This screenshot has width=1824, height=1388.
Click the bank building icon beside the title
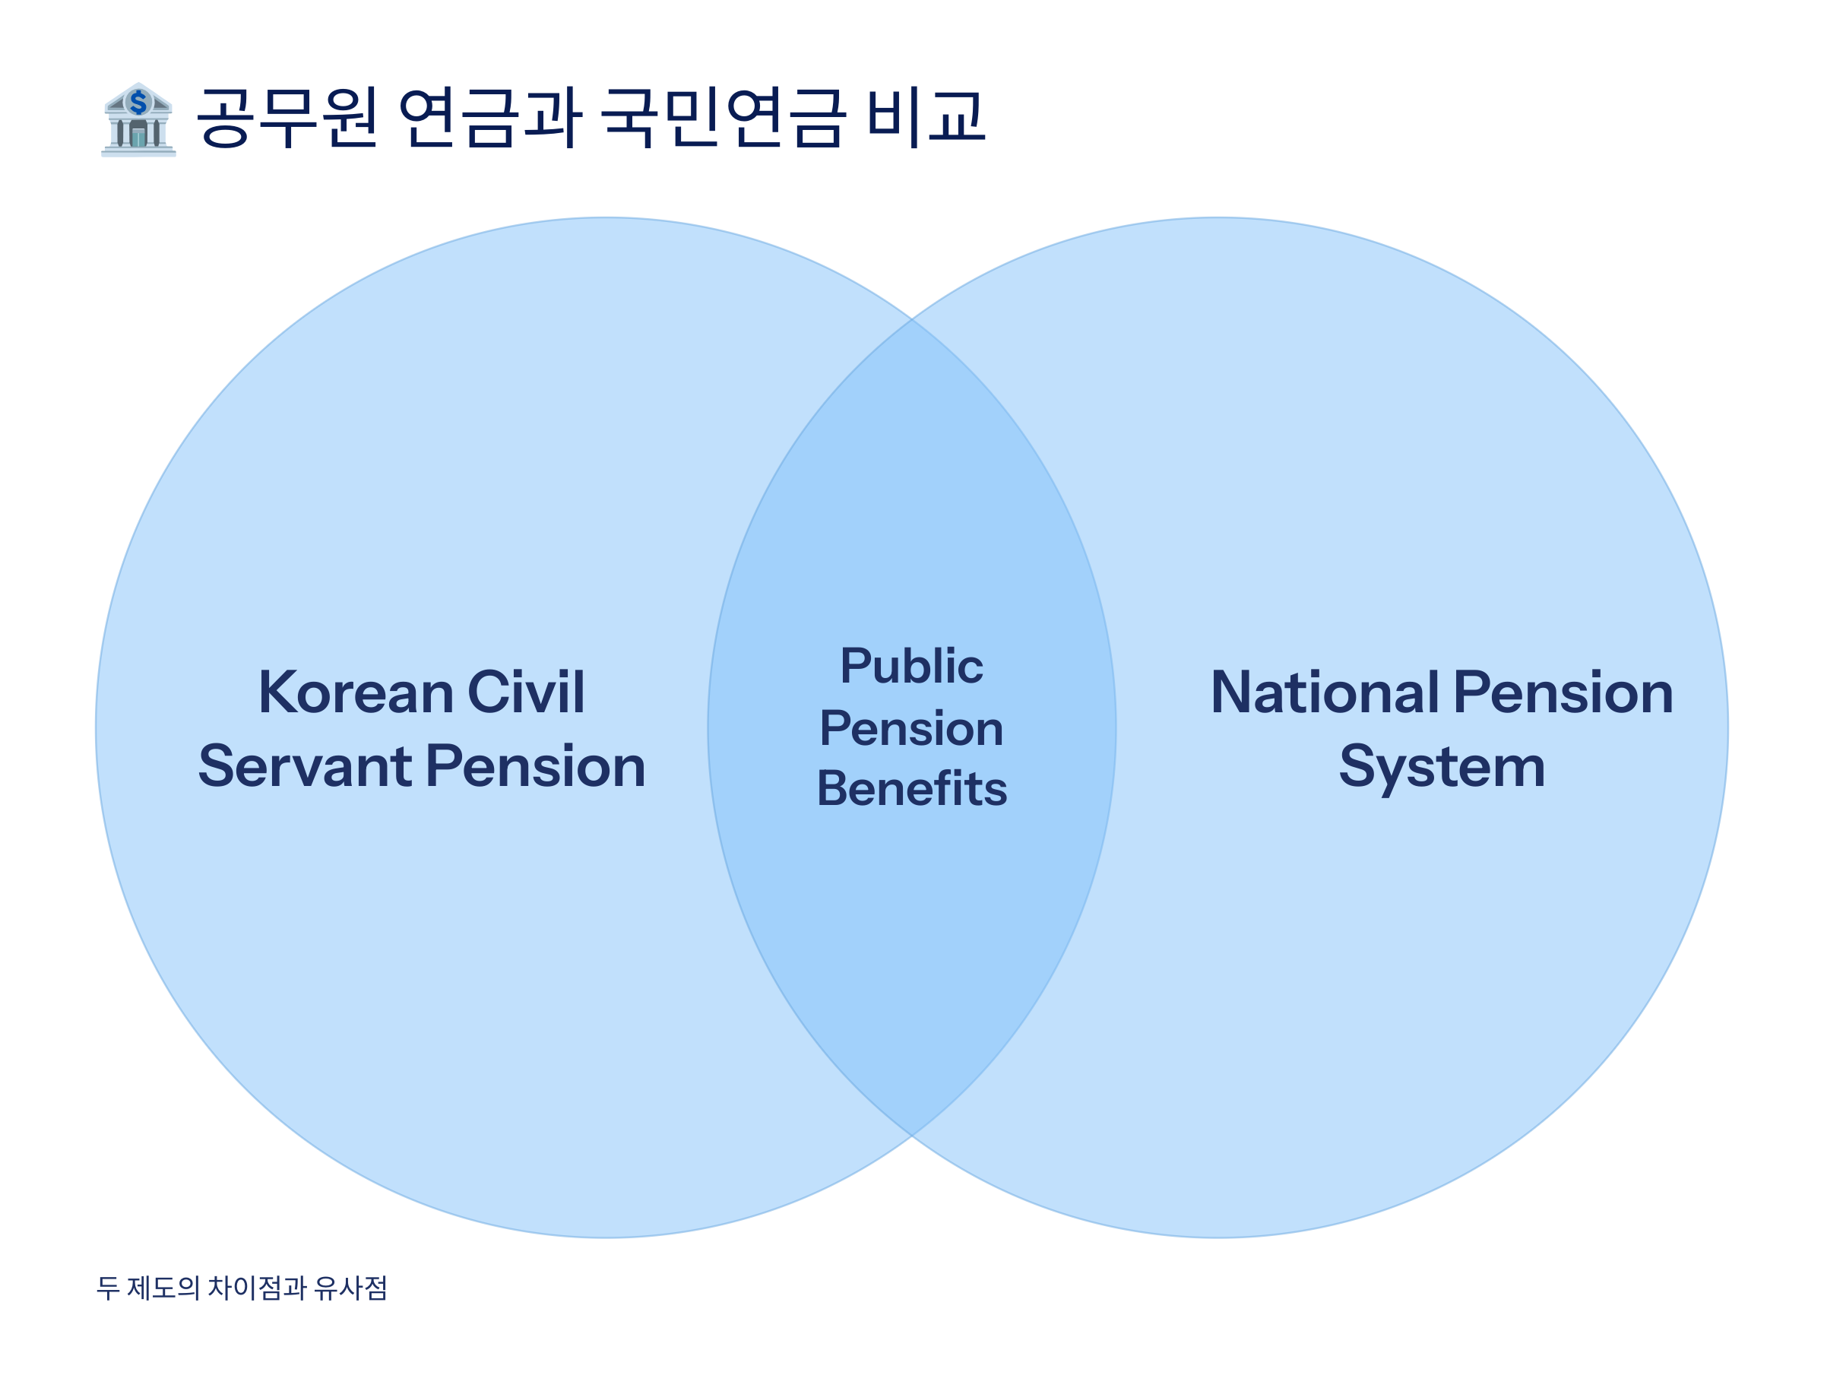point(138,120)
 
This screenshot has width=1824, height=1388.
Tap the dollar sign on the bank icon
point(138,103)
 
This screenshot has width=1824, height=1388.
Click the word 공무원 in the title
point(287,117)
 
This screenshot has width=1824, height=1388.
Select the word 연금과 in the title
point(490,117)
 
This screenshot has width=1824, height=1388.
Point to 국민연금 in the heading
point(723,117)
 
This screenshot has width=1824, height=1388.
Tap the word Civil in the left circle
point(526,692)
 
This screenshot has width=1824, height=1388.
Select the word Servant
point(305,767)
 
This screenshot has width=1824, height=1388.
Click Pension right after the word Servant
point(535,767)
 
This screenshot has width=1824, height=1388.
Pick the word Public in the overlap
point(911,666)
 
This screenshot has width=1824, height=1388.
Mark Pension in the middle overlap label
point(911,729)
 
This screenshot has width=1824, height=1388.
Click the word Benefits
point(911,789)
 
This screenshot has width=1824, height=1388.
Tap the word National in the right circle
point(1324,692)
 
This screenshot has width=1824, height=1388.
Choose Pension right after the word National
point(1563,692)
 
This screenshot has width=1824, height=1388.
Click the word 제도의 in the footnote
point(163,1288)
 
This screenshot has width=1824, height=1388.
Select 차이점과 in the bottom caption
point(257,1288)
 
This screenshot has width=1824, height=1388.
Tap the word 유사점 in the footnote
point(351,1288)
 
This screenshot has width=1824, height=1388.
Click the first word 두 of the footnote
point(108,1288)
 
